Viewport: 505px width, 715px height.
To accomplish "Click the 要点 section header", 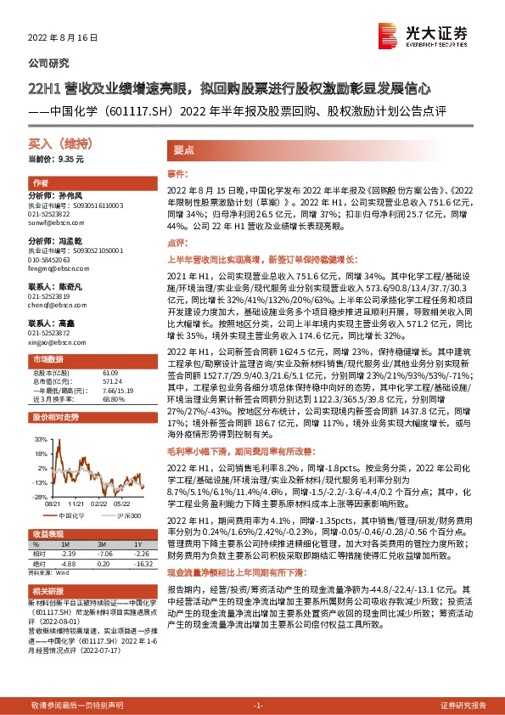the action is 184,149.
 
